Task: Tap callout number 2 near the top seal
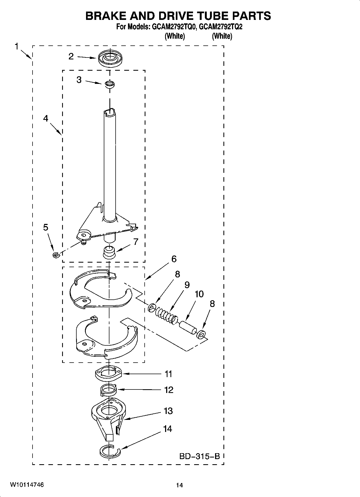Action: tap(71, 56)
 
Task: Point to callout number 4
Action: tap(46, 118)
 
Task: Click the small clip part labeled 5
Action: tap(56, 254)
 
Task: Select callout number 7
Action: tap(136, 242)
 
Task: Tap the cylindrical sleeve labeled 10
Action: tap(188, 327)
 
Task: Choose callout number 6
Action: tap(174, 259)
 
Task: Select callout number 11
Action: tap(169, 374)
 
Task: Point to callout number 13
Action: tap(168, 411)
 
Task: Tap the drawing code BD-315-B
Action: tap(199, 456)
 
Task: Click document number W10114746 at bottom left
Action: tap(27, 485)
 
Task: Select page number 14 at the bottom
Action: tap(179, 485)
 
